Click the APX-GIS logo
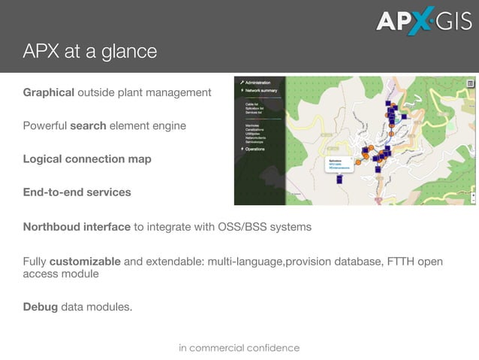coord(424,20)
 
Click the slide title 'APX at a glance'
coord(89,52)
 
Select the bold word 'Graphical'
coord(48,92)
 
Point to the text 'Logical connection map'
coord(87,159)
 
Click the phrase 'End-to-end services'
coord(77,192)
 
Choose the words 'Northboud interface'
coord(77,226)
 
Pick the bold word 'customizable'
coord(85,262)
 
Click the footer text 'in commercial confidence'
coord(239,348)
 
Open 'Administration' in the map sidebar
coord(257,83)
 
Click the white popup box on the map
coord(342,165)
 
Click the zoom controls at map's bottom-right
coord(472,197)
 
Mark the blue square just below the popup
coord(339,180)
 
